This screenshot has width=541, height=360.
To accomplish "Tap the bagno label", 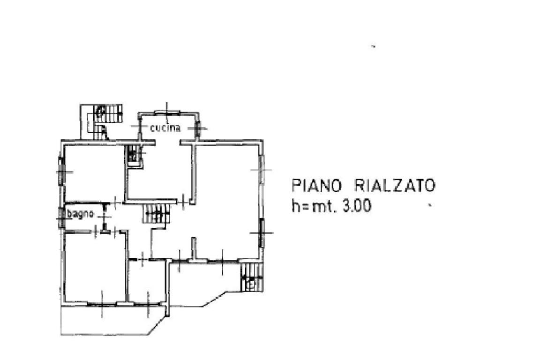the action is [x=82, y=214].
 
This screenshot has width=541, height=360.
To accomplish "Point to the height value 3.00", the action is [x=357, y=206].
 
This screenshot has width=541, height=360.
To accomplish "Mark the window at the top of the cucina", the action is [x=167, y=111].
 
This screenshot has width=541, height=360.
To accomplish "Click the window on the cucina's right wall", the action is [x=198, y=127].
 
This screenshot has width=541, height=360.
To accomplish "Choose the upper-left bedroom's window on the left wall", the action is [x=60, y=172].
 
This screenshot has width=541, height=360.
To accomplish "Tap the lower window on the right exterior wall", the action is [x=262, y=232].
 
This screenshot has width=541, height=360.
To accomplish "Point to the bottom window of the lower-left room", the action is [x=102, y=304].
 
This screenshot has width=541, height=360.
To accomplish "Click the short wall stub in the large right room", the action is [x=193, y=248].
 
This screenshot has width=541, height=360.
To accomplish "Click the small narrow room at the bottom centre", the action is [x=147, y=281].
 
